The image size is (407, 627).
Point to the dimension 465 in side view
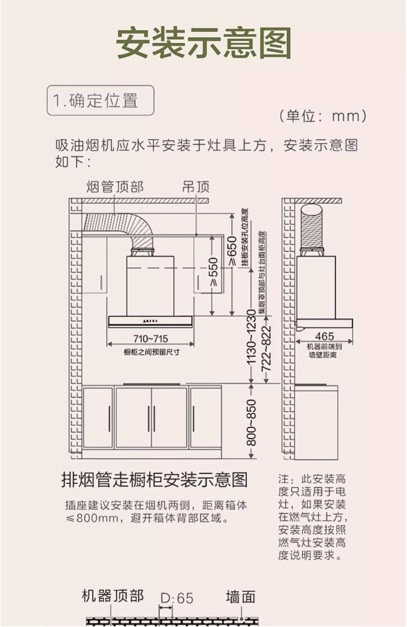[324, 336]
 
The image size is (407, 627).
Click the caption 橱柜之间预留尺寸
[152, 352]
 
